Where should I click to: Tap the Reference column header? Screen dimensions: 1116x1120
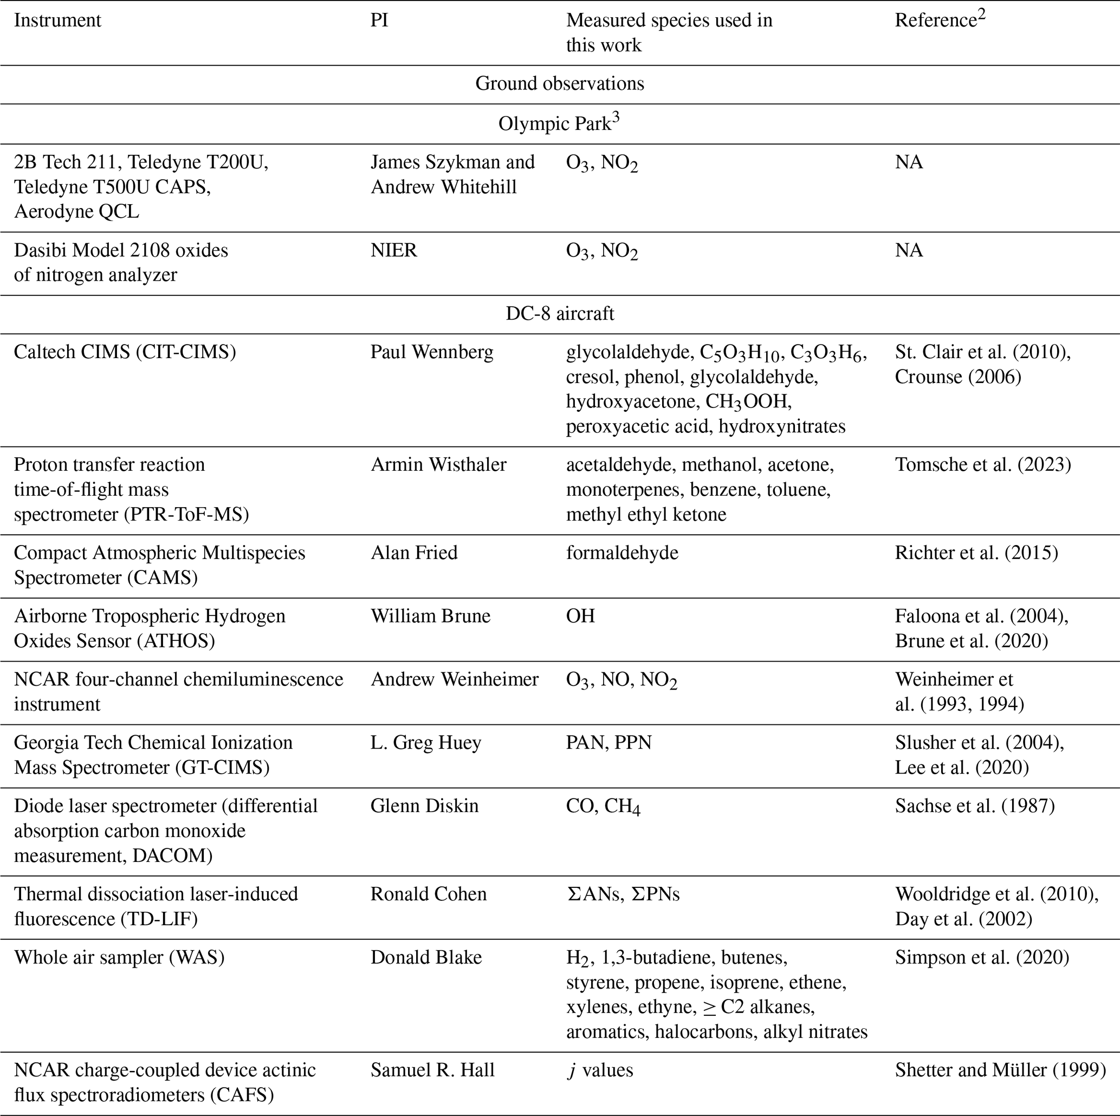(939, 20)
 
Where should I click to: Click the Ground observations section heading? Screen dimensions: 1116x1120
(559, 84)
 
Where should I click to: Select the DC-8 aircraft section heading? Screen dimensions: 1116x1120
(559, 314)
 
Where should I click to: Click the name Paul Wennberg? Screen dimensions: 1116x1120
(432, 352)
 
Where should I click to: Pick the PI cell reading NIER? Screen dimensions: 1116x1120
(393, 250)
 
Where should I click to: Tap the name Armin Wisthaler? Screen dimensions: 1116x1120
(438, 464)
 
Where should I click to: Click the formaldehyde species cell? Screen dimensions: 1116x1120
(622, 553)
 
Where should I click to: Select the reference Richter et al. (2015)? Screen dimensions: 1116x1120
(976, 553)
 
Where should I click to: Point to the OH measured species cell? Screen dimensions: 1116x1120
(580, 615)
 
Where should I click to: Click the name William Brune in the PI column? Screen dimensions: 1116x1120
(430, 615)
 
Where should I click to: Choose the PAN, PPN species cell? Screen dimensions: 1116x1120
(608, 743)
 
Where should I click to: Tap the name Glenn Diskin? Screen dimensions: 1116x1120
(424, 806)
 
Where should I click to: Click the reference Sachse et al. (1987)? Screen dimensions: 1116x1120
(974, 806)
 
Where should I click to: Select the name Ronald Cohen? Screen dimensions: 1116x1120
(429, 894)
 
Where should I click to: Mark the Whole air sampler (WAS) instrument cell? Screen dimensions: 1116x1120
(119, 957)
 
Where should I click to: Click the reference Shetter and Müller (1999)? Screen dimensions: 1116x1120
(1000, 1069)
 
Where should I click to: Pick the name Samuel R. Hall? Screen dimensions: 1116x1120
(432, 1069)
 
